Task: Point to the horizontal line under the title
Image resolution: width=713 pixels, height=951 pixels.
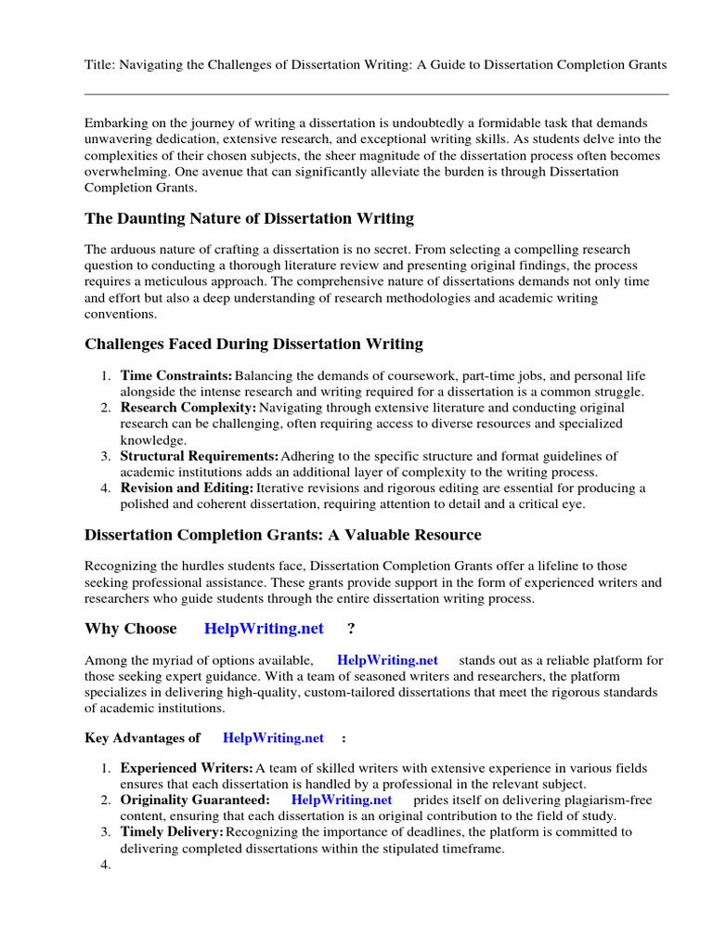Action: (376, 94)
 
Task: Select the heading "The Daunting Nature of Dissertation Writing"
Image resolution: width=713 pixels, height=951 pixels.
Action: (249, 219)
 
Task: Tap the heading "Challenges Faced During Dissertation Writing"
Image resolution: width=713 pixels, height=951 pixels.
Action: (253, 345)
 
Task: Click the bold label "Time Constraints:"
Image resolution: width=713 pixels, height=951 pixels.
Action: (176, 376)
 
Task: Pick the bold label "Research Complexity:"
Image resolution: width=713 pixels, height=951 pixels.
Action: (188, 408)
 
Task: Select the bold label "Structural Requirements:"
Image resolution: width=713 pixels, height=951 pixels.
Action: (199, 456)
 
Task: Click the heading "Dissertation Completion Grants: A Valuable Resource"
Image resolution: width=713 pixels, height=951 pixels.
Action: (283, 535)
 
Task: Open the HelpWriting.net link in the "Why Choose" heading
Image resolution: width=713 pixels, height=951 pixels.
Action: (264, 629)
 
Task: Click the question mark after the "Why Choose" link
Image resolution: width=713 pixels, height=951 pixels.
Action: (351, 629)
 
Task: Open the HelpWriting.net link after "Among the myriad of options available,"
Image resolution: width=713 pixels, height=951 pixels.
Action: (387, 660)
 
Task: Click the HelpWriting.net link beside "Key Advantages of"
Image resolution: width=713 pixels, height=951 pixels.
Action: (273, 738)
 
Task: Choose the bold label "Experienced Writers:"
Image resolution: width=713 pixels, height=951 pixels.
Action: (187, 769)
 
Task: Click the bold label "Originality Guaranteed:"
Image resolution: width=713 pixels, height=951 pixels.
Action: (195, 800)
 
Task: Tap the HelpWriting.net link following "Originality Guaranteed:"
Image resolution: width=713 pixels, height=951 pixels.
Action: (342, 800)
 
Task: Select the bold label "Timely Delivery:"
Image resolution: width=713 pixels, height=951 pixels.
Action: (173, 832)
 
